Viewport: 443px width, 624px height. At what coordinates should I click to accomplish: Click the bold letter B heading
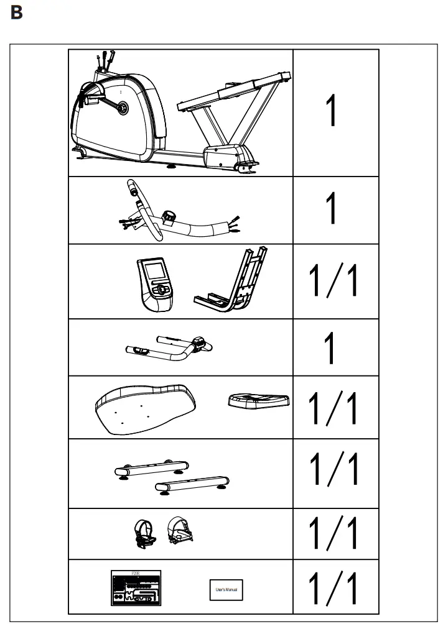(x=17, y=13)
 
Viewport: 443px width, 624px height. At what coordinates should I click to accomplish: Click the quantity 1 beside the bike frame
(x=332, y=112)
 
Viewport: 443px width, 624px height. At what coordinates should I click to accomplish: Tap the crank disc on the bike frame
(x=123, y=108)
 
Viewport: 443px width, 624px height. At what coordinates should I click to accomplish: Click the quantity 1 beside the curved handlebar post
(x=332, y=209)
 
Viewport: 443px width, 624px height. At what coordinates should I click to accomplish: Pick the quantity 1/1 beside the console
(x=335, y=281)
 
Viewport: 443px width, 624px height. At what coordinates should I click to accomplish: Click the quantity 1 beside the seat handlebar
(x=332, y=348)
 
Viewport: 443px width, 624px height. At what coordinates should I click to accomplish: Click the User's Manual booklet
(x=225, y=589)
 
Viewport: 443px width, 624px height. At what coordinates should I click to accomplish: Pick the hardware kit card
(x=136, y=587)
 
